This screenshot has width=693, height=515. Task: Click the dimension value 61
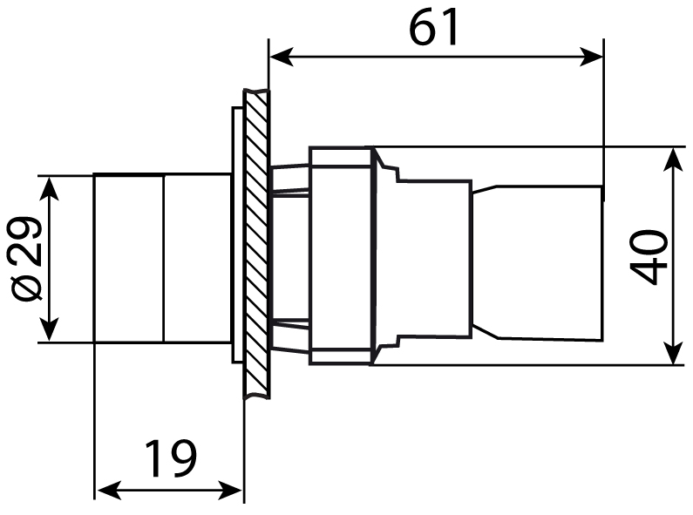pos(434,28)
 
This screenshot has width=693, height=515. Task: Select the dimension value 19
pos(171,459)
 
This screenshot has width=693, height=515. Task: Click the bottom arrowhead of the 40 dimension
pos(674,354)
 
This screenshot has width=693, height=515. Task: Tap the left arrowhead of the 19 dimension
pos(104,491)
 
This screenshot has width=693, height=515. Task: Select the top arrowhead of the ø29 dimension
pos(50,186)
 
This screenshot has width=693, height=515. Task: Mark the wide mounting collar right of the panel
pos(341,257)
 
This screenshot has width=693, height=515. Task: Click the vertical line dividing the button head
pos(163,258)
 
